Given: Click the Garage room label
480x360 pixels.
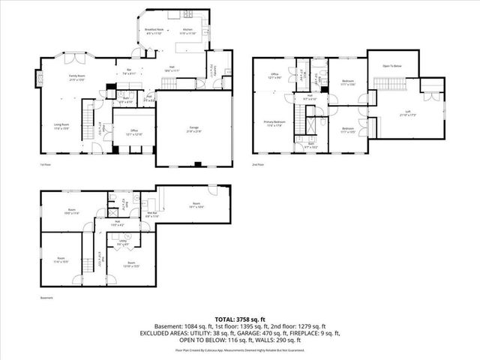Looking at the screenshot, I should [193, 130].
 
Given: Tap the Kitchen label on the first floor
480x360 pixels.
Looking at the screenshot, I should [187, 31].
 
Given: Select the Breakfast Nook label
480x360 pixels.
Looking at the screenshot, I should [154, 31].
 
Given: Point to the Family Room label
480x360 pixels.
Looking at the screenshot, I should [76, 77].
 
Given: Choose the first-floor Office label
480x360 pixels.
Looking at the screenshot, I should [135, 131].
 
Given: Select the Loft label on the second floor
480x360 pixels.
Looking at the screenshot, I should [403, 114].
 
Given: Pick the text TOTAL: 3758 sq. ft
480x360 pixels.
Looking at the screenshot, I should [239, 319].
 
